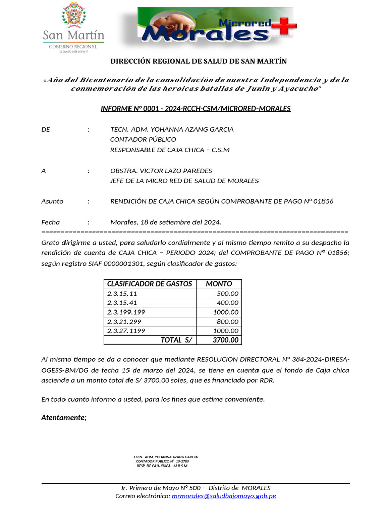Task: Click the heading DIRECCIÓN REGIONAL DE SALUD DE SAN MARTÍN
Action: [199, 61]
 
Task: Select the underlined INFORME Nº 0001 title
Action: [196, 109]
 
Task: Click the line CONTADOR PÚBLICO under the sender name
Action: [143, 139]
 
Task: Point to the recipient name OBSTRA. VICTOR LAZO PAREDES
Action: [161, 171]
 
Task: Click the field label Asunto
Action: [52, 201]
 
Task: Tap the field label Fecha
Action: [50, 222]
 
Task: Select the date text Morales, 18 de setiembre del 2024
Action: [165, 222]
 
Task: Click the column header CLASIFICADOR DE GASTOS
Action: [150, 284]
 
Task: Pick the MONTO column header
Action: [219, 284]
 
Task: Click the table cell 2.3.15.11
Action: [122, 294]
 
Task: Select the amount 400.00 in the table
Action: [228, 303]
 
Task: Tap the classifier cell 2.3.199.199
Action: [126, 312]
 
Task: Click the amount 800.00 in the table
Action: [228, 321]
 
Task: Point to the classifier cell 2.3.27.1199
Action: [126, 331]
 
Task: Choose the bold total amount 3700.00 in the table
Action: [226, 340]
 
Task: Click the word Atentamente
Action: [64, 418]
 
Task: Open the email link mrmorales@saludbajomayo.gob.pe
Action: [224, 496]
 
